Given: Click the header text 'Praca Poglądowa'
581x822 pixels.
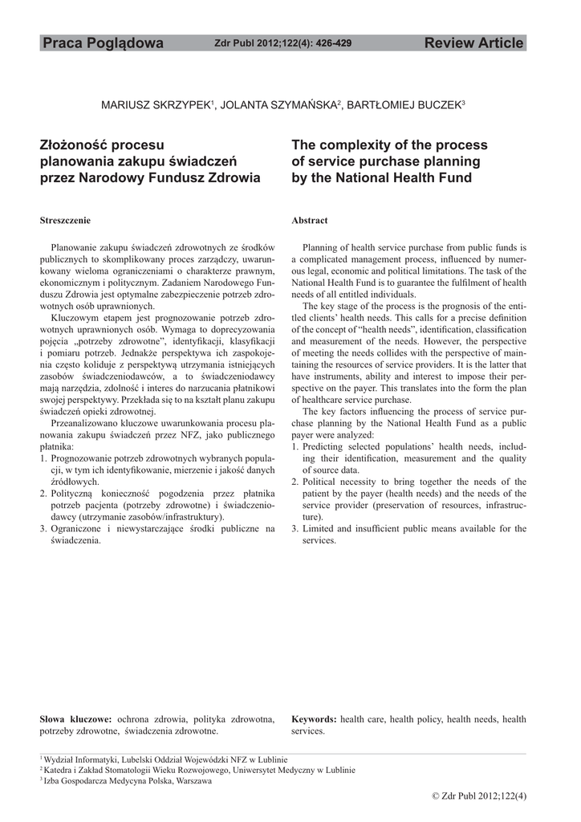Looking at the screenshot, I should [103, 43].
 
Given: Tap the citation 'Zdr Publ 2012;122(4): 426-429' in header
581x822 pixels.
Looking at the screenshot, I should [283, 43].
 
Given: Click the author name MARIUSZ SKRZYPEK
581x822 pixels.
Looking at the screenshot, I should [155, 106].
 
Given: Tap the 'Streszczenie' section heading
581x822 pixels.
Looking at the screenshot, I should [65, 220].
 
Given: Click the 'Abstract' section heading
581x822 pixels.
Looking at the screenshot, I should [309, 220].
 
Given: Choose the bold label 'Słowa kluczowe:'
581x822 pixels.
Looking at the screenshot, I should [76, 718].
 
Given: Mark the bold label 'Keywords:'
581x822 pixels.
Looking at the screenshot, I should [314, 718].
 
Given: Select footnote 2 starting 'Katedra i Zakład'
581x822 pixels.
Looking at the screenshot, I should [198, 770].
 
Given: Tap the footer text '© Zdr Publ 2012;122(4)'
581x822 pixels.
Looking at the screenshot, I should [479, 796].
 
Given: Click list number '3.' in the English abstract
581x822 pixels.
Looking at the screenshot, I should [295, 528].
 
